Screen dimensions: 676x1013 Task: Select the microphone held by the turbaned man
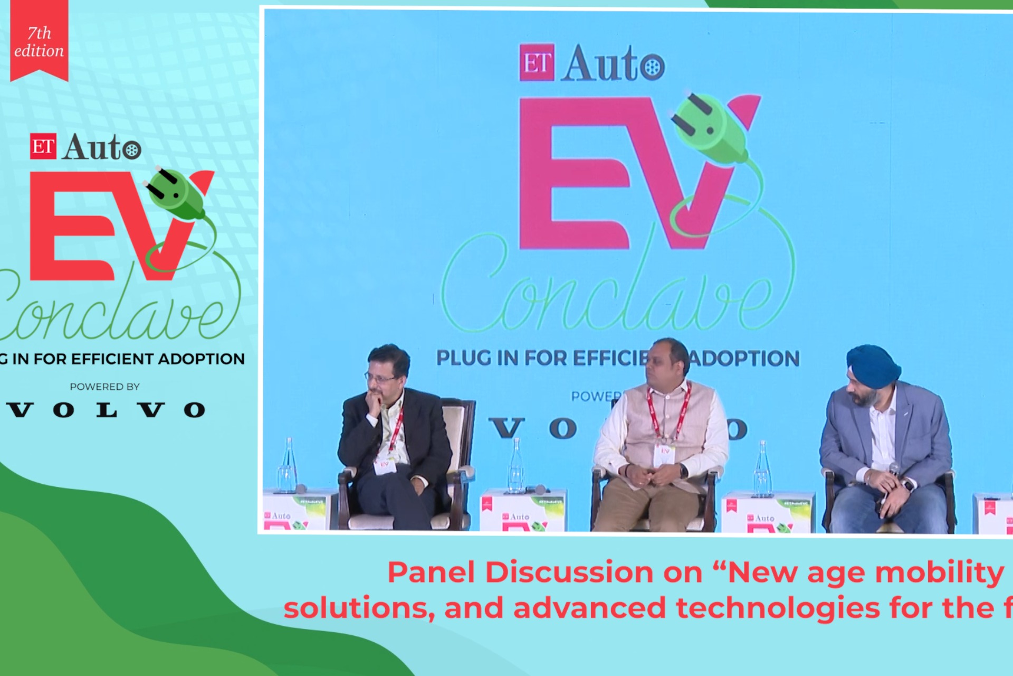coord(893,468)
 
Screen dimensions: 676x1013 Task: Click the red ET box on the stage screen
coord(537,62)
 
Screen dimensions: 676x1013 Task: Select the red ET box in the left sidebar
coord(43,146)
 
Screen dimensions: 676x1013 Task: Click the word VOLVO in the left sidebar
coord(106,410)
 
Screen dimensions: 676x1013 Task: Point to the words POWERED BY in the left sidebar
coord(104,387)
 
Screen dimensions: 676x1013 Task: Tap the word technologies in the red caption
coord(778,608)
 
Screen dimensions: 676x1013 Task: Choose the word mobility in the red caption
coord(939,572)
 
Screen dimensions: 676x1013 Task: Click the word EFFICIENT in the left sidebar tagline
coord(113,359)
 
